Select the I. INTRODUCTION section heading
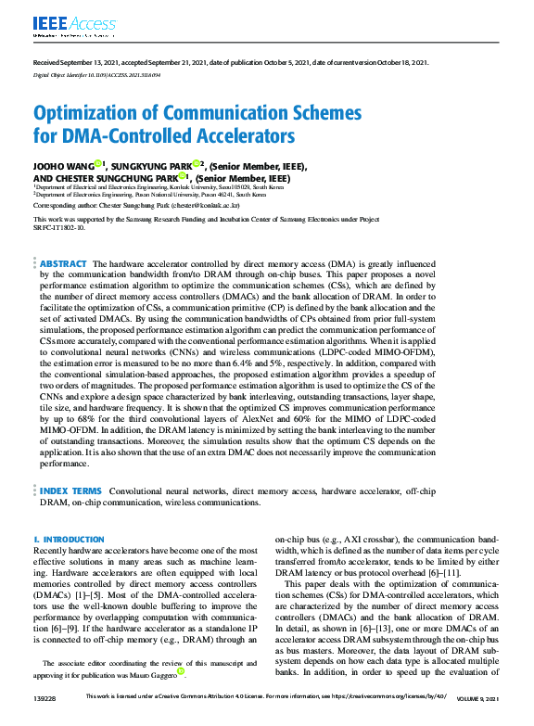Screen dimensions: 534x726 point(65,539)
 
